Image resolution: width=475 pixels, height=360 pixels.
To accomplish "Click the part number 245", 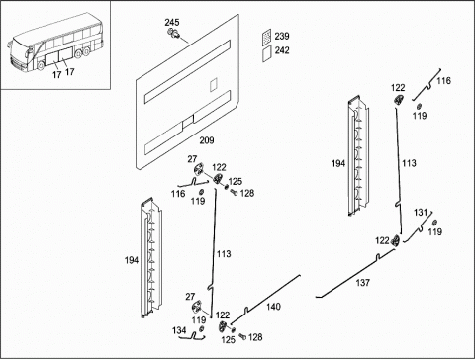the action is tap(172, 22).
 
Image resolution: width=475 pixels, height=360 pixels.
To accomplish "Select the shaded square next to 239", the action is tap(266, 36).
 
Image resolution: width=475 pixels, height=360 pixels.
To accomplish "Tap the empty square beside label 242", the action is tap(266, 53).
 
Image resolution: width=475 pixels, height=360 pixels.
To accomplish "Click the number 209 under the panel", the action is tap(207, 140).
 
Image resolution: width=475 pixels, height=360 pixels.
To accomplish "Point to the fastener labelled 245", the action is tap(174, 33).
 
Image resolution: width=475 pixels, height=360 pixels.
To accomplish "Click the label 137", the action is tap(363, 283).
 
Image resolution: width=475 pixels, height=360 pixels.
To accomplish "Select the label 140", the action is tap(273, 307).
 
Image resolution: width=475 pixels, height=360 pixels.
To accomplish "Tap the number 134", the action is tap(179, 330).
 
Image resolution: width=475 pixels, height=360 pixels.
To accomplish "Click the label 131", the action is tap(421, 213).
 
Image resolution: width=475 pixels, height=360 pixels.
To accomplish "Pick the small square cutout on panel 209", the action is tap(214, 84).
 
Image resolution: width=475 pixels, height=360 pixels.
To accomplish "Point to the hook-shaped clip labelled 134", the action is tap(194, 336).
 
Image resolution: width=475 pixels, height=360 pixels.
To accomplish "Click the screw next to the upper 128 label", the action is tap(235, 192).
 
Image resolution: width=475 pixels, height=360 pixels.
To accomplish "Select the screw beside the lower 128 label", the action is tap(242, 336).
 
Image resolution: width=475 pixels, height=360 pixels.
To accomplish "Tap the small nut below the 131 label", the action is tap(434, 223).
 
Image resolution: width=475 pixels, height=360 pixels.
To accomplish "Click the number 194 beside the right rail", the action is tap(338, 163).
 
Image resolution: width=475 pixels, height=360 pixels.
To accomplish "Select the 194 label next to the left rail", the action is tap(132, 260).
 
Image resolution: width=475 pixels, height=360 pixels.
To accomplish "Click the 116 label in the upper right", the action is tap(443, 81).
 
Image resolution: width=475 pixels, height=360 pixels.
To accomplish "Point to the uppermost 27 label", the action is tap(192, 159).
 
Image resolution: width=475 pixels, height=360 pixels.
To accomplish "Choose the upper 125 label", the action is tap(236, 181).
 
